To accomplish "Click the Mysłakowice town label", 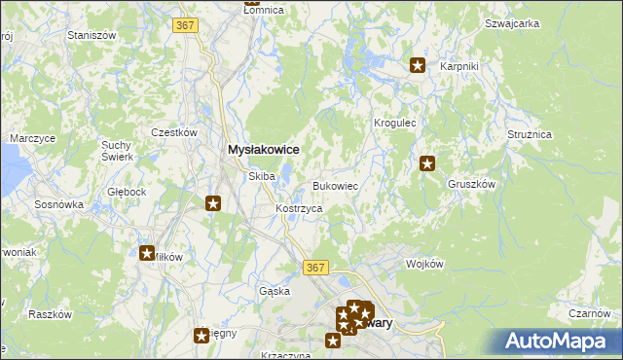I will tap(262, 150).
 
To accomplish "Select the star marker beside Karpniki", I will tap(418, 66).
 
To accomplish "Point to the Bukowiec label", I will tap(336, 185).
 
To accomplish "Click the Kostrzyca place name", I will tap(299, 209).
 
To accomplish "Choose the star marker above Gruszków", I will tap(427, 164).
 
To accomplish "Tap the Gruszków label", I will tap(472, 183).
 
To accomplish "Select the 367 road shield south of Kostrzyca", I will tap(313, 267).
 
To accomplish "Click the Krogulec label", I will tap(395, 124).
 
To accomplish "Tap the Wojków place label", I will tap(424, 264).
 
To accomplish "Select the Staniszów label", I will tap(92, 34).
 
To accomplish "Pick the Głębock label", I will tap(128, 192).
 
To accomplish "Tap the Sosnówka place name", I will tap(59, 205).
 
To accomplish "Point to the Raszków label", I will tap(51, 314).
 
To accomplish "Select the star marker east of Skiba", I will tap(214, 203).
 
